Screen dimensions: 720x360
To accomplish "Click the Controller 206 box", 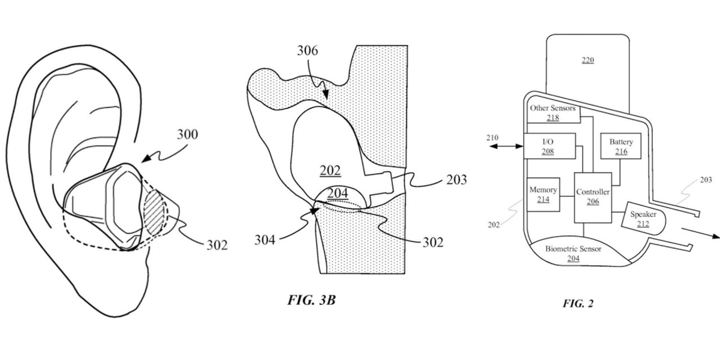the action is [x=593, y=197].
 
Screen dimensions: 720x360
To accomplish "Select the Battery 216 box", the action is [x=620, y=146].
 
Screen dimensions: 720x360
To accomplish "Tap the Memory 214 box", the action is [x=543, y=195].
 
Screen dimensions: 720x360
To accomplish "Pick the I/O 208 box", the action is [x=550, y=146].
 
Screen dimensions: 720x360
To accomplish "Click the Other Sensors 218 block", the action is [x=553, y=112].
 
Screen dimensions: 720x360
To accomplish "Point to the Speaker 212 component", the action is [x=643, y=219].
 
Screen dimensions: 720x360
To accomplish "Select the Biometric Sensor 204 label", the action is [x=573, y=253].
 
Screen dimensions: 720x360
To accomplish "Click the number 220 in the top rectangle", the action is [x=588, y=60].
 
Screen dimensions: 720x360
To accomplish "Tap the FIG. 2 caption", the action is [x=578, y=303].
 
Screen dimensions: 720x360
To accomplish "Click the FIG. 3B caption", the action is [x=311, y=300].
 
